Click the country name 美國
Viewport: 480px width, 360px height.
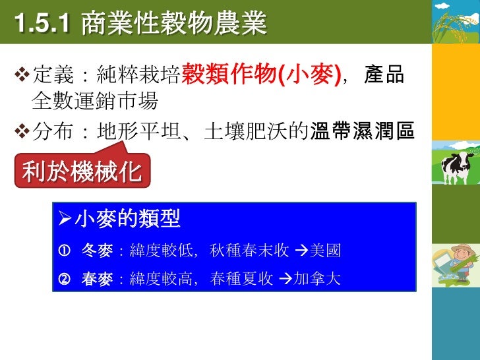pyautogui.click(x=325, y=251)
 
